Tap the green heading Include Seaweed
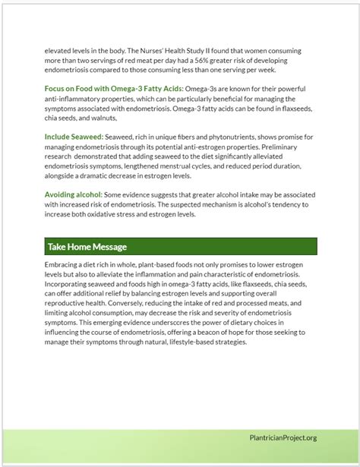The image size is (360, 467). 74,137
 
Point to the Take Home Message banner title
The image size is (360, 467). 87,247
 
